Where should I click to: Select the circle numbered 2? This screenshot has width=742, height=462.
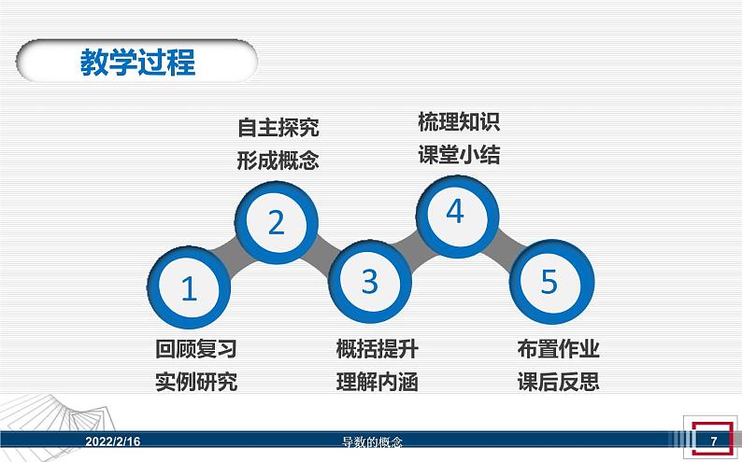pyautogui.click(x=276, y=222)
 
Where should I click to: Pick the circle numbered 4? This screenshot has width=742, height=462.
pyautogui.click(x=455, y=213)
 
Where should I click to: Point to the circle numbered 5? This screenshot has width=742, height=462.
pyautogui.click(x=549, y=280)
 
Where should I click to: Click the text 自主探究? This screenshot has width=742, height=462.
pyautogui.click(x=278, y=128)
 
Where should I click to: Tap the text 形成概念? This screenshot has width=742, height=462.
pyautogui.click(x=278, y=161)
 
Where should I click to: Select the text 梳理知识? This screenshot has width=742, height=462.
pyautogui.click(x=459, y=121)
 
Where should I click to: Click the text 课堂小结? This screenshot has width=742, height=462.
pyautogui.click(x=459, y=155)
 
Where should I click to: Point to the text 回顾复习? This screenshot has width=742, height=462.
pyautogui.click(x=196, y=349)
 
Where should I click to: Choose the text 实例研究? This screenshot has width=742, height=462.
pyautogui.click(x=196, y=382)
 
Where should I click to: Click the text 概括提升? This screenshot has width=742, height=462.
pyautogui.click(x=377, y=349)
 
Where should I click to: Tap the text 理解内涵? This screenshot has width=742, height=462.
pyautogui.click(x=377, y=382)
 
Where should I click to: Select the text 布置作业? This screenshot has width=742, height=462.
pyautogui.click(x=558, y=349)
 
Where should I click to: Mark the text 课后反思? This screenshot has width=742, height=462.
pyautogui.click(x=558, y=382)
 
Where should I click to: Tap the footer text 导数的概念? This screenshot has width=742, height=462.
pyautogui.click(x=371, y=441)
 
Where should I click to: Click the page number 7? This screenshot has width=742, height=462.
pyautogui.click(x=713, y=441)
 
